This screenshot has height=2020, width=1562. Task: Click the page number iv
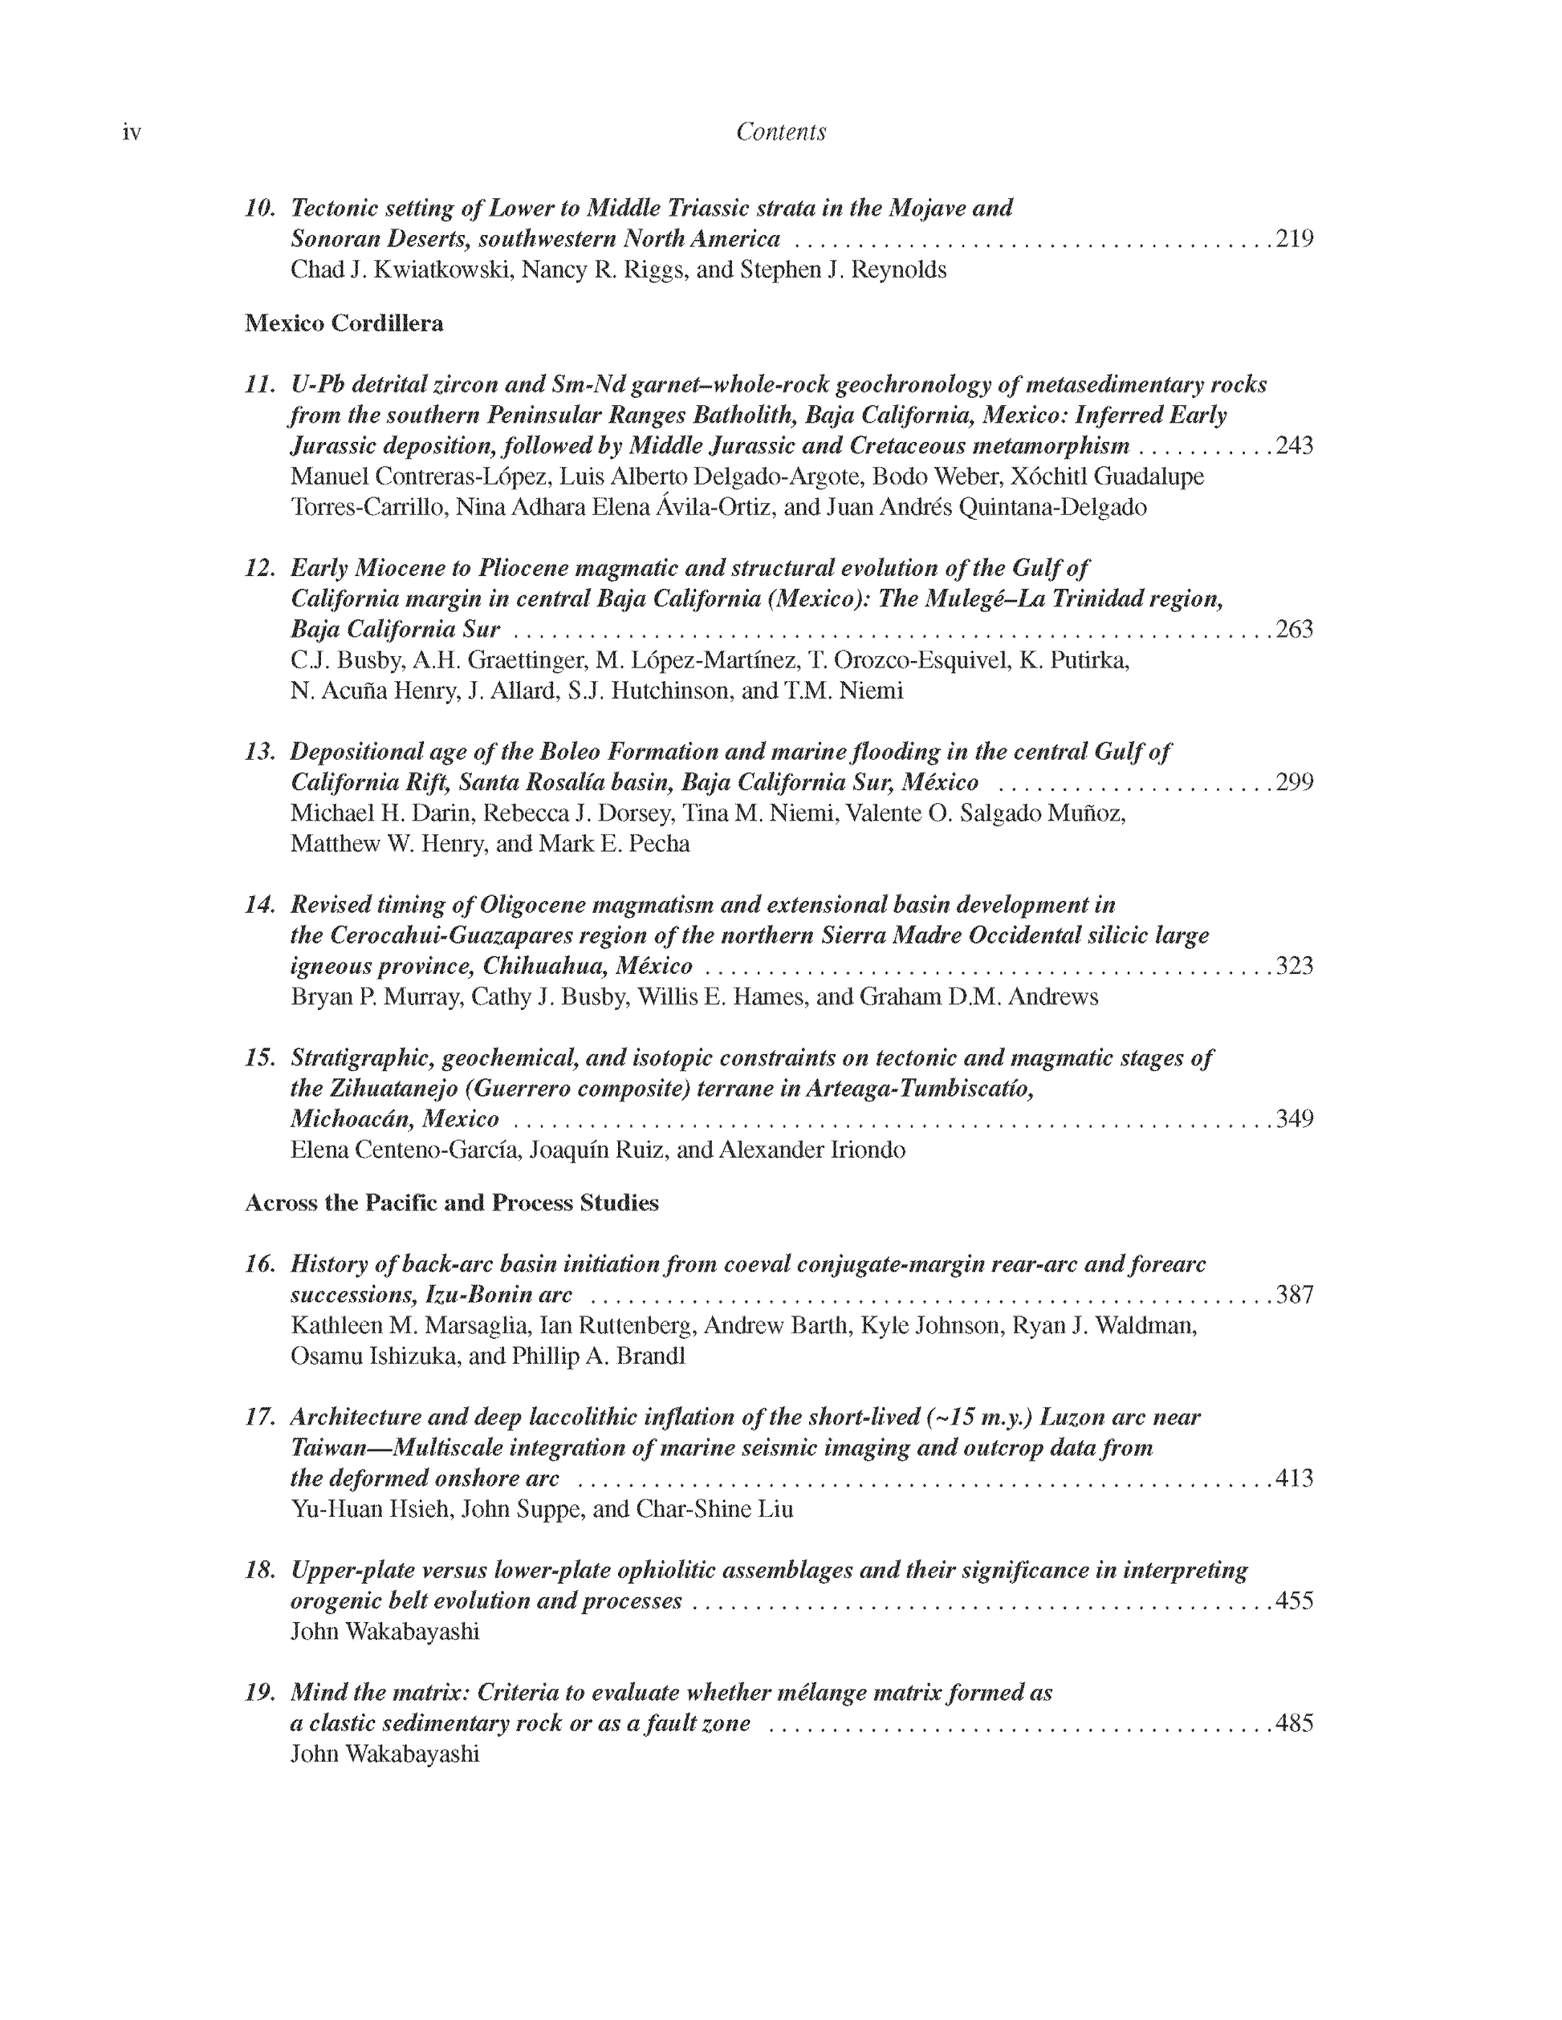pos(132,133)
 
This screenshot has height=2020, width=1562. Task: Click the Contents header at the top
pos(781,132)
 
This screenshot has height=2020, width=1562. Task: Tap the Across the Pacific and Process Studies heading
pos(452,1203)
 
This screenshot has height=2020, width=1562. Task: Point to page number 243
pos(1295,447)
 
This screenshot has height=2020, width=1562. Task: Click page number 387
pos(1295,1296)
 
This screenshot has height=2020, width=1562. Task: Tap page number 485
pos(1295,1724)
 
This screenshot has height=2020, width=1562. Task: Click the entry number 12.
pos(260,568)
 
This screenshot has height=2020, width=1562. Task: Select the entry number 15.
pos(260,1058)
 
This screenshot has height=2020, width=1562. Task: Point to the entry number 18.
pos(260,1571)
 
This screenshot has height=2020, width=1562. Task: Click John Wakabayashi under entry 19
pos(385,1754)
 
